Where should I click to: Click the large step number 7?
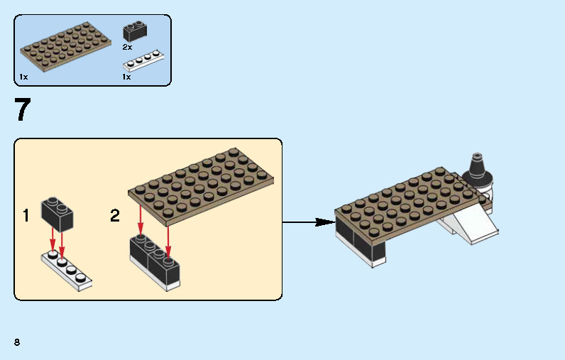click(23, 111)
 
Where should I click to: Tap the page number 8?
click(16, 342)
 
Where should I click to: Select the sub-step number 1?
click(26, 216)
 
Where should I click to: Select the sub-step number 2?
click(115, 216)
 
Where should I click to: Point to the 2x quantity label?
click(127, 47)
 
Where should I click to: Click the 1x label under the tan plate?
click(23, 77)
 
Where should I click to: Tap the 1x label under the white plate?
click(126, 77)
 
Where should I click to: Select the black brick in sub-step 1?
click(58, 214)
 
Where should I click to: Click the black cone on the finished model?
click(478, 170)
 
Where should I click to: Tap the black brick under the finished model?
click(362, 241)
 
